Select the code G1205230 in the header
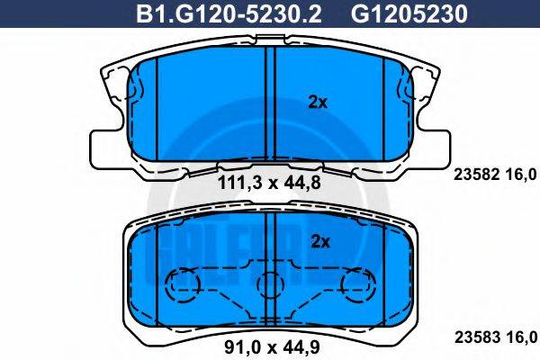394,14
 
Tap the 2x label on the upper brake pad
317,103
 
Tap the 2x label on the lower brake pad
317,240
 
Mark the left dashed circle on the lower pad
185,286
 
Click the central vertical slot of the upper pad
270,103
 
